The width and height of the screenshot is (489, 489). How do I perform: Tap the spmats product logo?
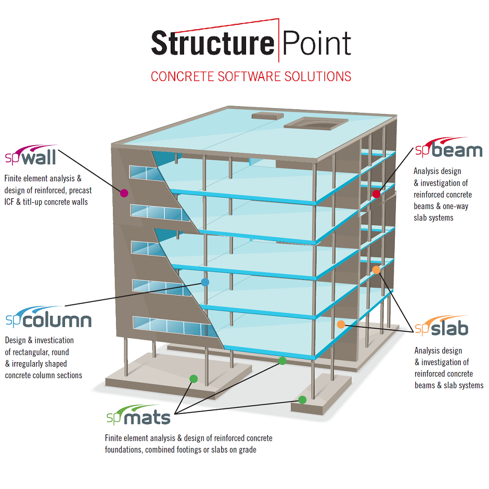[138, 417]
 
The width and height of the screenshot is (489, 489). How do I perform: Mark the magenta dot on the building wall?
[124, 193]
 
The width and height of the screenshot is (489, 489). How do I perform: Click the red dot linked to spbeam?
[376, 194]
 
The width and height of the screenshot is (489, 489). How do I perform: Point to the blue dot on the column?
[205, 282]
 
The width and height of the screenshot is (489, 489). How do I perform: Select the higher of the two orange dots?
[376, 270]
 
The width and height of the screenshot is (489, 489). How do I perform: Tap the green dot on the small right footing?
[302, 400]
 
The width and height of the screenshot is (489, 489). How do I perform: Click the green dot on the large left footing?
[193, 379]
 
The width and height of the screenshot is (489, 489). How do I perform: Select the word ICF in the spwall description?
[10, 201]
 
